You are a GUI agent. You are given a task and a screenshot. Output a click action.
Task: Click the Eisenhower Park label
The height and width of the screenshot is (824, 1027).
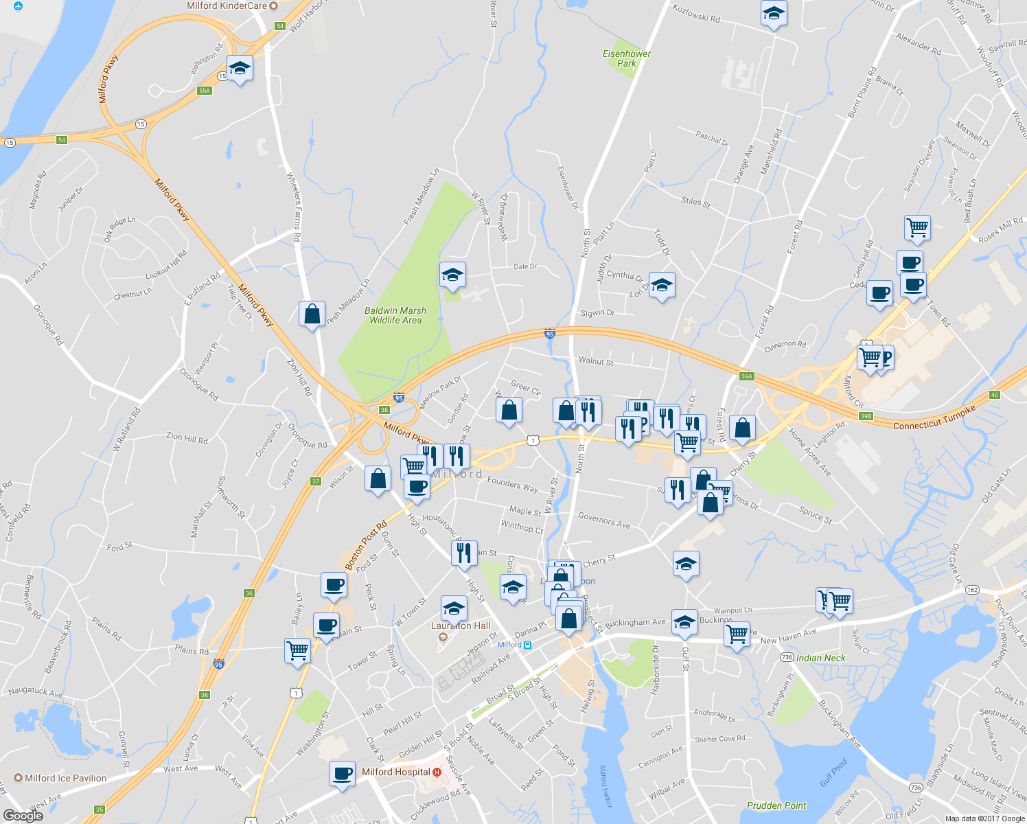[x=626, y=58]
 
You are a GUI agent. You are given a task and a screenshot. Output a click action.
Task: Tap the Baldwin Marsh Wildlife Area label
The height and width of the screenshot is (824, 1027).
[x=395, y=315]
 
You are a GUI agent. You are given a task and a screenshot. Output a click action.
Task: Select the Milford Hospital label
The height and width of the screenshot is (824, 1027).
[x=396, y=772]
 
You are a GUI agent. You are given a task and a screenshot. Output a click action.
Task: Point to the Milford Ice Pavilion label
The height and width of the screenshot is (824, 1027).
[x=65, y=778]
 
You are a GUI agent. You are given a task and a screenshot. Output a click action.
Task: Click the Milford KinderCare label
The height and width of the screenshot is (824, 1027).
[x=227, y=6]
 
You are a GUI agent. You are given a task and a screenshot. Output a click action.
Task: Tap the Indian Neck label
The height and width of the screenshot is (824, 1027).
[x=820, y=658]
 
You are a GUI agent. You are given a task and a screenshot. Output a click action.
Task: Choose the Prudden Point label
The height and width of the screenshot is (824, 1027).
[x=776, y=805]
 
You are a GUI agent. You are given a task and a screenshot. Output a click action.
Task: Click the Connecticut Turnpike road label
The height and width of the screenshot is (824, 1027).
[x=934, y=421]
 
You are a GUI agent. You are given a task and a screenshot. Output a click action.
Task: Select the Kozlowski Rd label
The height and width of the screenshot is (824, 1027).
[x=696, y=13]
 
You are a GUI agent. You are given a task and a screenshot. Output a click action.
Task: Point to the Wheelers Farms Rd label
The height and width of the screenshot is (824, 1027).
[x=294, y=206]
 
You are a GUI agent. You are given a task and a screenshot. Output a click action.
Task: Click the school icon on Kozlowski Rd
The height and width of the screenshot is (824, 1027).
[x=774, y=13]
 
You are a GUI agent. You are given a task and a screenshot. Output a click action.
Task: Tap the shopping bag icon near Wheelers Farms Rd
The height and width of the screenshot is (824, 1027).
[x=312, y=314]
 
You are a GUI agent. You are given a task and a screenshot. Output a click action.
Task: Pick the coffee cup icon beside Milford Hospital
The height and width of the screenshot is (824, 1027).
[x=342, y=773]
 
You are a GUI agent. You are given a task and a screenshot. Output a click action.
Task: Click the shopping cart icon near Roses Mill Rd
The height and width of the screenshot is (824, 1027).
[x=918, y=227]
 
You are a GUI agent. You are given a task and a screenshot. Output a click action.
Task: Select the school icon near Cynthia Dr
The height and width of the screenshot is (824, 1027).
[x=661, y=285]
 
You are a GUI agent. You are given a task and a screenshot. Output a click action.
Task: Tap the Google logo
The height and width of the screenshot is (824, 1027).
[x=23, y=815]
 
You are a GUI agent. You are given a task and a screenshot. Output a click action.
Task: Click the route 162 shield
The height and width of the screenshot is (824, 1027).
[x=972, y=590]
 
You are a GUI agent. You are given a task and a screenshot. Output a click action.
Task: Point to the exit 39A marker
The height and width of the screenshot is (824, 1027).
[x=747, y=376]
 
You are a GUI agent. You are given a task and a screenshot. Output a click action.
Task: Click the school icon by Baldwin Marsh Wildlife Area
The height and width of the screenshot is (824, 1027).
[x=452, y=275]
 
